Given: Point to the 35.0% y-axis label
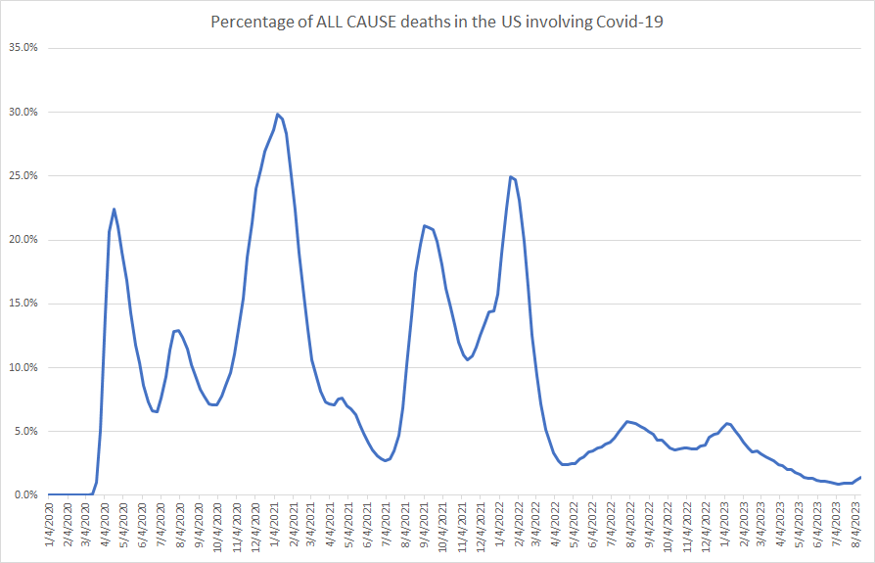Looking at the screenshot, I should (x=23, y=48).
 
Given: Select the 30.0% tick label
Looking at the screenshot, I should (x=23, y=112).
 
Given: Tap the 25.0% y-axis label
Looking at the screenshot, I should (x=23, y=176).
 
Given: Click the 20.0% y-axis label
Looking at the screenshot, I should (x=23, y=240).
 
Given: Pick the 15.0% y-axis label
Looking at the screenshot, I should (x=23, y=304).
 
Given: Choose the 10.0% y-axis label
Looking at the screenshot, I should (x=23, y=367).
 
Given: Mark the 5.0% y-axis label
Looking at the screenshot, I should (x=24, y=431).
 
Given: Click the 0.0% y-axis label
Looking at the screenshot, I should (x=24, y=495).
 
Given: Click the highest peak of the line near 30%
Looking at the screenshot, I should (x=278, y=114).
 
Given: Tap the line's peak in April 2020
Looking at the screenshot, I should (x=115, y=209).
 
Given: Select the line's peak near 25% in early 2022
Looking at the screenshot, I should (x=511, y=176).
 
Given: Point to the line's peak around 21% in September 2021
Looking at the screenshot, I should (x=424, y=226).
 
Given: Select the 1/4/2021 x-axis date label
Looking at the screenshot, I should (x=277, y=529).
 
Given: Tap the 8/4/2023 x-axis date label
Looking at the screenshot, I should (x=857, y=529).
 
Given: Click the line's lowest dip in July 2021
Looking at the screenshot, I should (x=386, y=460).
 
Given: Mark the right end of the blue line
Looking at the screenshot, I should (x=860, y=477).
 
